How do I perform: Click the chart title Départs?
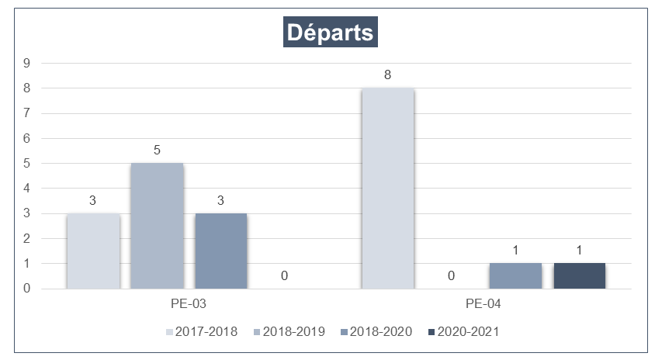(330, 33)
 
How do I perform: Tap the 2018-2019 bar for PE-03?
(157, 226)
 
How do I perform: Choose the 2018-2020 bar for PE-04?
(515, 276)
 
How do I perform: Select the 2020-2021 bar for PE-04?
(579, 276)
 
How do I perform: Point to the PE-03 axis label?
(189, 303)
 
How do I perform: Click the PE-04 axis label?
(483, 303)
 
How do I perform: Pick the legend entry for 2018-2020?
(376, 332)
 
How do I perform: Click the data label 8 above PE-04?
(387, 76)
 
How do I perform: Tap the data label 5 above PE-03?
(157, 151)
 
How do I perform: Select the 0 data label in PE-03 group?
(285, 275)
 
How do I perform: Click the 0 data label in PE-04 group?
(451, 275)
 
